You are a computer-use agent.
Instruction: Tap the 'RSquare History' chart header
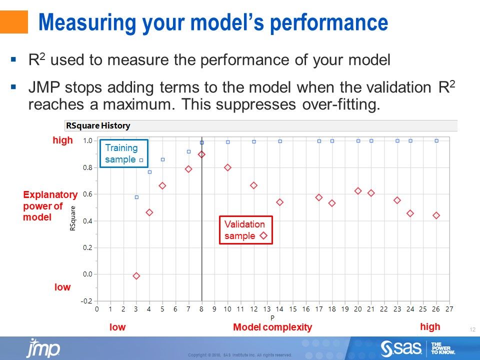tap(98, 125)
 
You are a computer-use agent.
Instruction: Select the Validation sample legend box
tap(245, 230)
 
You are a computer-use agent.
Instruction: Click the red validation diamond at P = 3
tap(136, 276)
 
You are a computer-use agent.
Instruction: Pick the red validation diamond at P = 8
tap(201, 154)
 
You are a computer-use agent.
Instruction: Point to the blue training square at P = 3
tap(136, 197)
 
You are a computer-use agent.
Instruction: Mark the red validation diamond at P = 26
tap(436, 215)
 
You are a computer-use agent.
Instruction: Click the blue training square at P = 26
tap(436, 141)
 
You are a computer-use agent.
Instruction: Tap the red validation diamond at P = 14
tap(279, 202)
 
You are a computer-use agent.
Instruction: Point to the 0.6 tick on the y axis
tap(88, 194)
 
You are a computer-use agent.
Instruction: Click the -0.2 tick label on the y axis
tap(87, 300)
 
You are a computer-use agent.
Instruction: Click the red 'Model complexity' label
tap(272, 327)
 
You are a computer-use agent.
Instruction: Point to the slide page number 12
tap(472, 329)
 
